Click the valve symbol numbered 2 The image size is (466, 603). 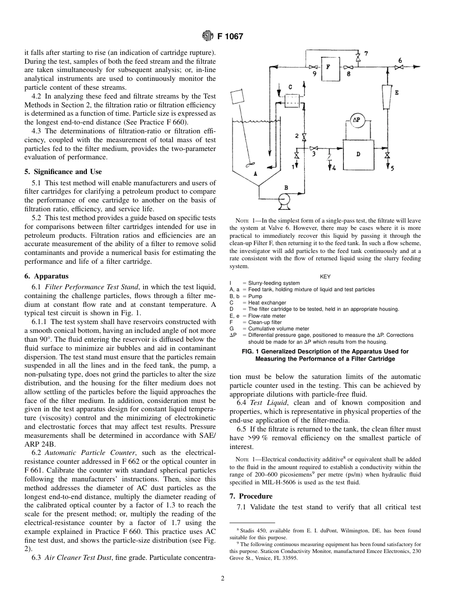click(x=304, y=136)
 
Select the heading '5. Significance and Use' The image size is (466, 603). click(x=63, y=172)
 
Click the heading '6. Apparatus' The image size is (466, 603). click(x=47, y=276)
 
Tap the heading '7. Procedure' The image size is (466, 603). click(x=251, y=496)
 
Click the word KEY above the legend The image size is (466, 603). click(x=325, y=276)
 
